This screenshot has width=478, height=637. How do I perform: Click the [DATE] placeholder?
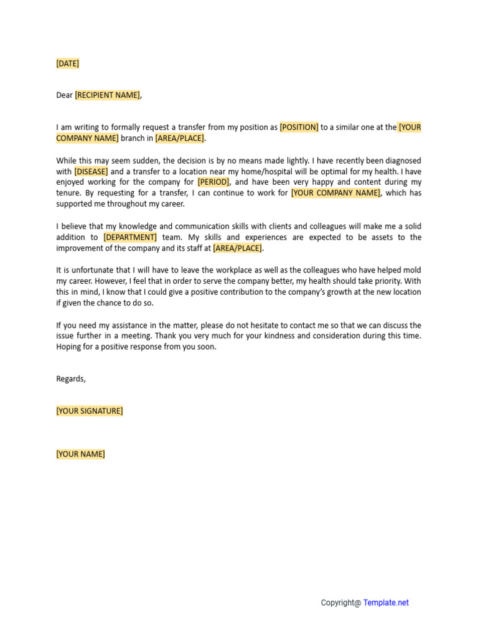pos(67,63)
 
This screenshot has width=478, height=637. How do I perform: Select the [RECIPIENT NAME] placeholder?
pos(107,95)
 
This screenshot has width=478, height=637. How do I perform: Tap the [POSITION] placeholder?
pos(299,128)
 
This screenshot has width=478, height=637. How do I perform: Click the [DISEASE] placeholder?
pos(91,172)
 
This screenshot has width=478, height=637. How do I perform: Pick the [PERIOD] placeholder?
pos(213,182)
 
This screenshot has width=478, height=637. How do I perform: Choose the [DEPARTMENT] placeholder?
pos(130,238)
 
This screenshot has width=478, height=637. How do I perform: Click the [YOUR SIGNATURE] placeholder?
pos(89,411)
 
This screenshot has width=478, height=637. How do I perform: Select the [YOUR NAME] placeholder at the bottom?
pos(80,454)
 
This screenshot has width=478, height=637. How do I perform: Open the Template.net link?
pos(386,603)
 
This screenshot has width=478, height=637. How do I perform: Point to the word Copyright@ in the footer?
pos(340,603)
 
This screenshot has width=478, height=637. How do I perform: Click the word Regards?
pos(70,379)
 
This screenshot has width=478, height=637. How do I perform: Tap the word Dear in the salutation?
pos(64,95)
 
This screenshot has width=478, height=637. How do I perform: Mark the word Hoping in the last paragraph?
pos(68,347)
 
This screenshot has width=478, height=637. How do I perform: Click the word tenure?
pos(68,193)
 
